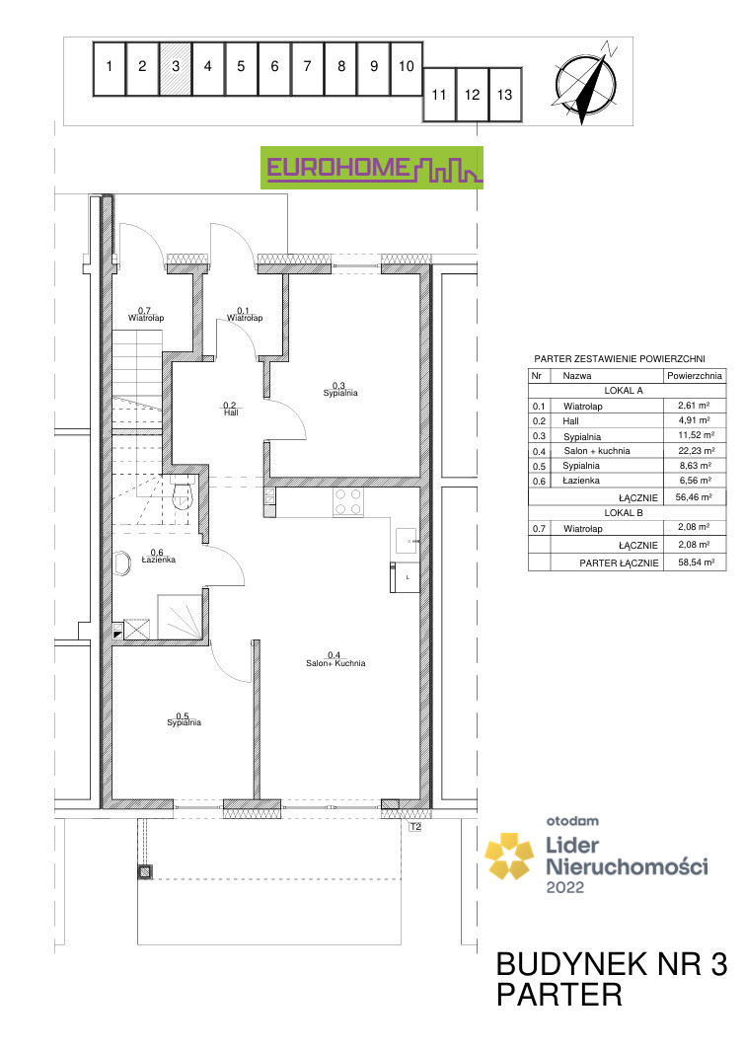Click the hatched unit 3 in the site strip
[x=176, y=68]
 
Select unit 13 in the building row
[x=505, y=95]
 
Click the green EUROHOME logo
[x=372, y=168]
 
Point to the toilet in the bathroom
[x=181, y=492]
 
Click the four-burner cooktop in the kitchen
[x=348, y=502]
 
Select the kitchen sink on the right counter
[x=408, y=540]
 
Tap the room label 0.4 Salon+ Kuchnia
[x=335, y=659]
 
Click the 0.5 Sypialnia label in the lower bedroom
[x=185, y=719]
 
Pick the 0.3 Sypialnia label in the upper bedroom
[x=340, y=390]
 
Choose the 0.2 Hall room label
[x=230, y=409]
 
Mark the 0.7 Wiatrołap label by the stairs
[x=146, y=314]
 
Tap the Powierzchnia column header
[x=695, y=376]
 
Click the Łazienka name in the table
[x=581, y=481]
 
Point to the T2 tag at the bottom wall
[x=415, y=827]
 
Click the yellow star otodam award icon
[x=510, y=856]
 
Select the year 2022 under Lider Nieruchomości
[x=565, y=887]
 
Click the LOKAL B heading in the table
[x=624, y=513]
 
